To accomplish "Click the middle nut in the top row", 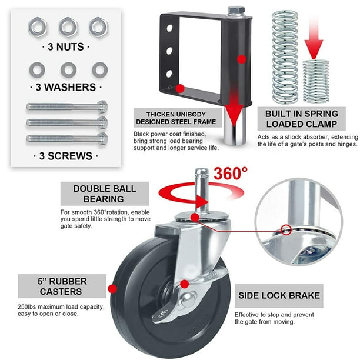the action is [x=68, y=27].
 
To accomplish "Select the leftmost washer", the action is [x=37, y=69].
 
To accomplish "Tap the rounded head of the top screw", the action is [x=102, y=106].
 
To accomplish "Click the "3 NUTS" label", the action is [x=66, y=47].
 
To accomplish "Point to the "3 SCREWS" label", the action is [x=66, y=156].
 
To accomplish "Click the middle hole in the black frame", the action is [x=169, y=51].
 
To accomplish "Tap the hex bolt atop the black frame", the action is [x=236, y=11].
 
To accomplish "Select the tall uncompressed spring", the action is [x=285, y=56].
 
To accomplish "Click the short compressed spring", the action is [x=316, y=81].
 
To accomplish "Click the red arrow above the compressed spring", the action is [x=314, y=39].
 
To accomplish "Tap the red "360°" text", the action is [x=231, y=174].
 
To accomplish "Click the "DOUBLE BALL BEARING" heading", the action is [x=105, y=194].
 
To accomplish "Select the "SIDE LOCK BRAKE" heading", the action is [x=279, y=295].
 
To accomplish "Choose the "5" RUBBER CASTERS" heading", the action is [x=62, y=286].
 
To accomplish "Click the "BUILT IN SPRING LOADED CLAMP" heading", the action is [x=301, y=119].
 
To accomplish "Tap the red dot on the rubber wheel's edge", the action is [x=112, y=289].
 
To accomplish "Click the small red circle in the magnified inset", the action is [x=286, y=230].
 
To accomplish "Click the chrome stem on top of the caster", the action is [x=202, y=190].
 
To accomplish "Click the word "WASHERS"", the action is [x=70, y=87].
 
